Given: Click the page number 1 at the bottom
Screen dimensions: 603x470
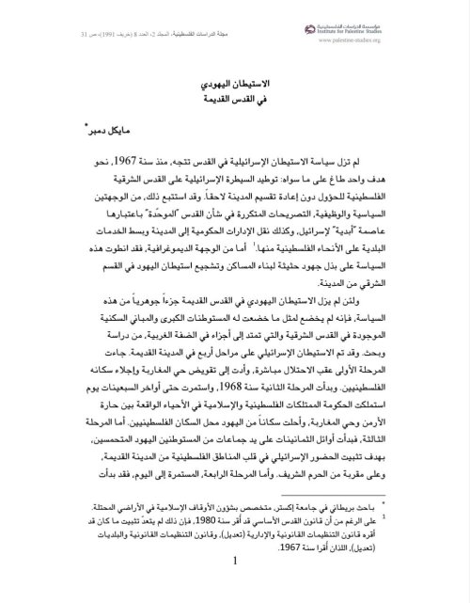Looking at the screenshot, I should pyautogui.click(x=233, y=587).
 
